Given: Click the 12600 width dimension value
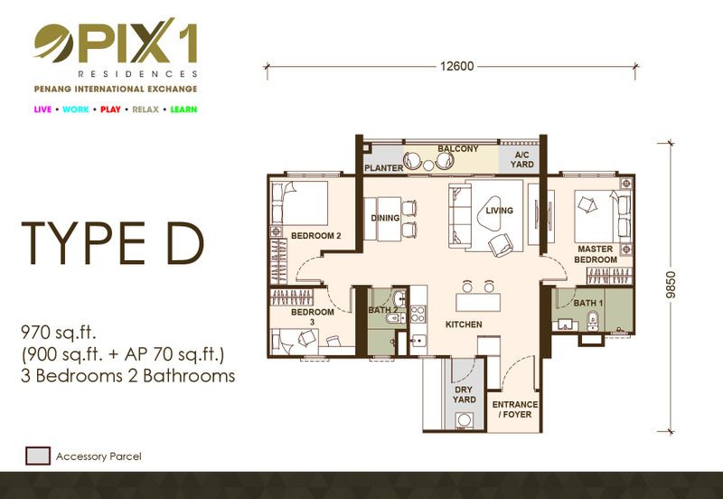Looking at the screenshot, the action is [456, 66].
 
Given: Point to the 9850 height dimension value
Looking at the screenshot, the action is [671, 285].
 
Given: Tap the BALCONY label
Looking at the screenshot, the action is [458, 148].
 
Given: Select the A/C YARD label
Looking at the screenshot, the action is [522, 160].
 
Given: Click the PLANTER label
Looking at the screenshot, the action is [383, 168].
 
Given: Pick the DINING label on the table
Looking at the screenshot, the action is [386, 218].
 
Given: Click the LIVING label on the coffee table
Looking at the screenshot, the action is [500, 211].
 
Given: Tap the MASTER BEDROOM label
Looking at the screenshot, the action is [596, 254].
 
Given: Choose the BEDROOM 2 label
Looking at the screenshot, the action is [315, 236].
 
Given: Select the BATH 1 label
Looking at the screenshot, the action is [588, 303].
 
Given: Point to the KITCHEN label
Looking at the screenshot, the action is [464, 325].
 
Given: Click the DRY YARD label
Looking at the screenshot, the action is [464, 394].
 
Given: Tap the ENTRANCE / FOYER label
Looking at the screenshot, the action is [515, 410].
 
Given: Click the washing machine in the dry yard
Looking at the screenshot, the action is [464, 420].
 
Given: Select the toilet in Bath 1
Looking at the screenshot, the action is [592, 321].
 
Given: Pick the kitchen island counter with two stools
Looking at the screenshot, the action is [478, 303].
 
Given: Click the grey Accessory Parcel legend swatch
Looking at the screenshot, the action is [38, 456].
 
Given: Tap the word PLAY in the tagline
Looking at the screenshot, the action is [110, 109].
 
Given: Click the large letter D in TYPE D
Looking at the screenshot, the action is [184, 243].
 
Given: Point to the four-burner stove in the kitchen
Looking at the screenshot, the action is [418, 314].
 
